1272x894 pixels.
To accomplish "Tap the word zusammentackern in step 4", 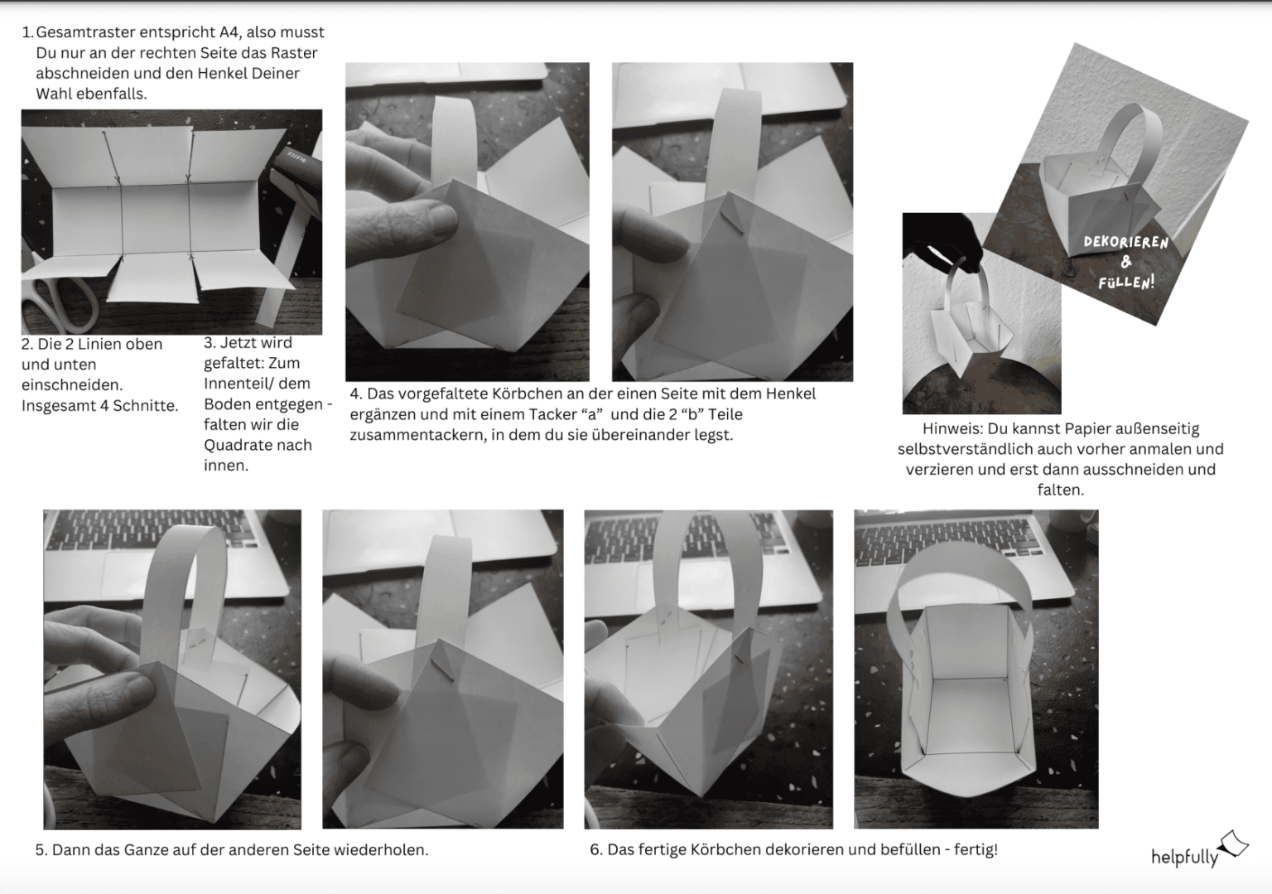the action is (x=417, y=435).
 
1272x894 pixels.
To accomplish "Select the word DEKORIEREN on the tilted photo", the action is (x=1126, y=242).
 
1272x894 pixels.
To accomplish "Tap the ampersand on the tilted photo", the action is (x=1126, y=262).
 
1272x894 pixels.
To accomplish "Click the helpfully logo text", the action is (x=1184, y=857).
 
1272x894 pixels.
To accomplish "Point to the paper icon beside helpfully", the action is (x=1233, y=843).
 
